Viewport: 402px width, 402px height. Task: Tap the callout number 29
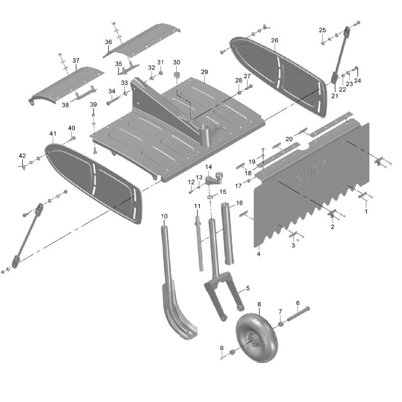(x=204, y=72)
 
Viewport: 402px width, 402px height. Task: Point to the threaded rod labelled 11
(x=199, y=244)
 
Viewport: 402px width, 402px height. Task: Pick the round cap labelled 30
(x=177, y=75)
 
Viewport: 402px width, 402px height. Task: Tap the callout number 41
(x=53, y=134)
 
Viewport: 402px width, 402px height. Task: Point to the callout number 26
(x=274, y=40)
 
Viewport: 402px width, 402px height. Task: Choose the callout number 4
(x=258, y=254)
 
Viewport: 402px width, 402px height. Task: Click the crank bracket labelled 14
(x=214, y=178)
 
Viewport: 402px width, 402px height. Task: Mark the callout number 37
(x=76, y=61)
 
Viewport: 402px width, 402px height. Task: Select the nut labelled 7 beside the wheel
(x=280, y=324)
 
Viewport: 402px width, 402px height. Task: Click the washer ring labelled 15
(x=210, y=197)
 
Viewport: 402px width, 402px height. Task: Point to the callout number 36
(x=108, y=42)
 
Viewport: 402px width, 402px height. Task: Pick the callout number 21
(x=335, y=96)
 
